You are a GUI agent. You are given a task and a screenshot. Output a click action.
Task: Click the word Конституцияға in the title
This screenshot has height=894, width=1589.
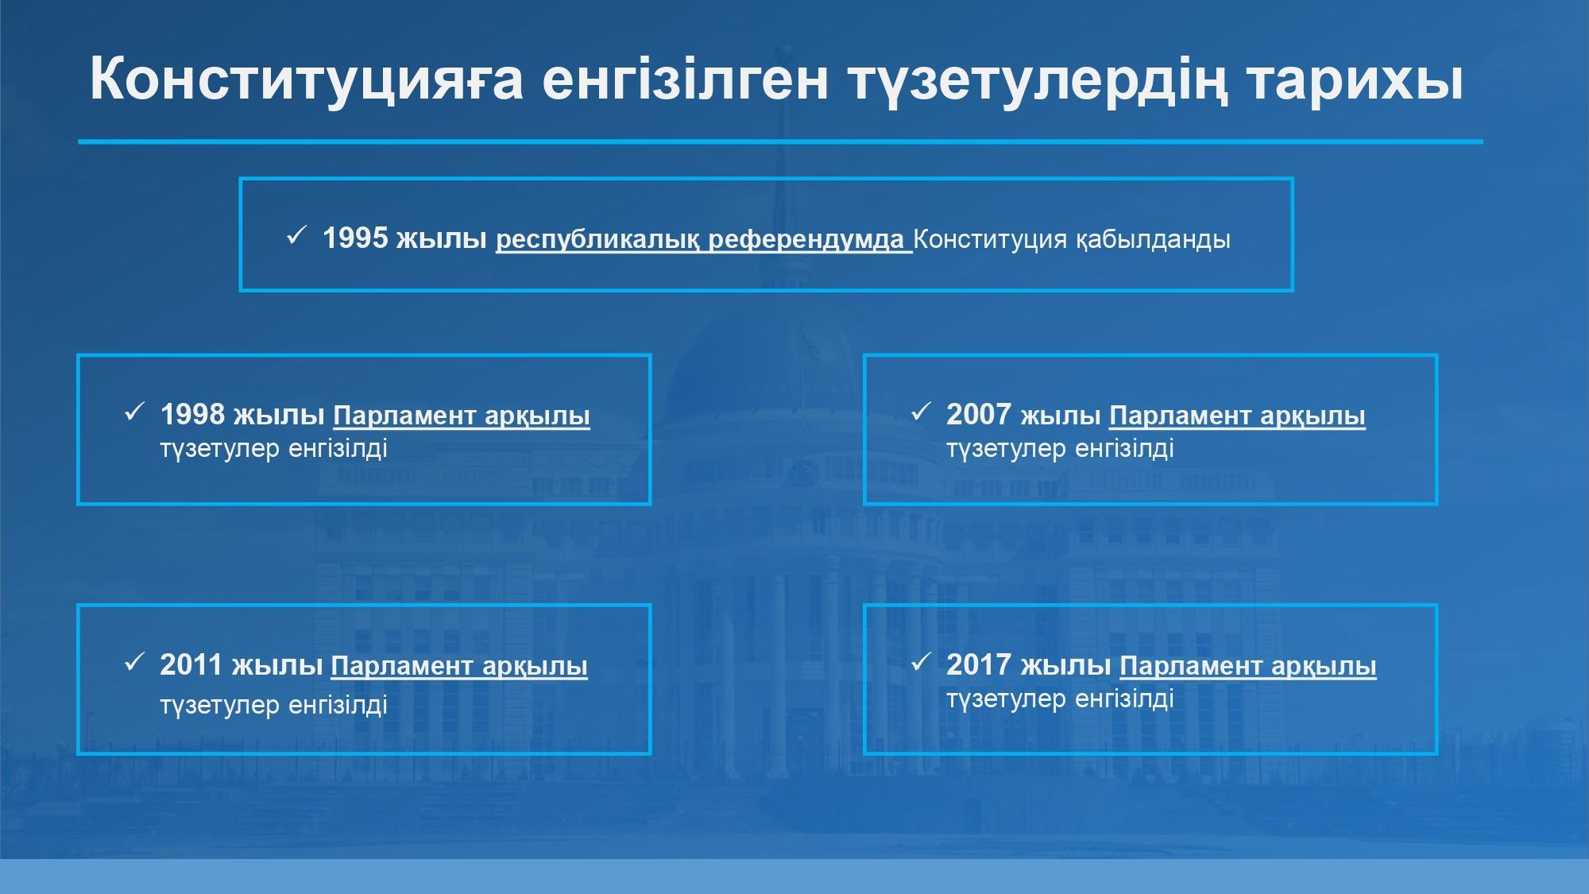click(307, 80)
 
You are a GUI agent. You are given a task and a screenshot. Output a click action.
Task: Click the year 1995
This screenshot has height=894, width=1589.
click(355, 238)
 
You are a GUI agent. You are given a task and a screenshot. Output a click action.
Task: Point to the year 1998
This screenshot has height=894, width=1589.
click(193, 414)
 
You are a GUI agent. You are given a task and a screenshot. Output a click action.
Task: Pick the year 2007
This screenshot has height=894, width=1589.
click(979, 414)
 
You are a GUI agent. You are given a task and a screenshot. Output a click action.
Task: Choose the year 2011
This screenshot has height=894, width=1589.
click(191, 664)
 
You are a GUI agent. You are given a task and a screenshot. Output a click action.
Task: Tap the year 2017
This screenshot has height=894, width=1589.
click(979, 664)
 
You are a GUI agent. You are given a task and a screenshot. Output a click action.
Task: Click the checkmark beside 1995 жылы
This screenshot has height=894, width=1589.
click(296, 235)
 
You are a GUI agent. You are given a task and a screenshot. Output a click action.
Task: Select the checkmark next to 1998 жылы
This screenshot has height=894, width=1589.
click(134, 412)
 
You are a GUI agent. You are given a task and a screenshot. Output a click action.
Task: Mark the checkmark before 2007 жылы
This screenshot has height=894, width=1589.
click(920, 412)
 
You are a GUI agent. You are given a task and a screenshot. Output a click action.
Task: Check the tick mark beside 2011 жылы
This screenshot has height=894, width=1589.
click(134, 662)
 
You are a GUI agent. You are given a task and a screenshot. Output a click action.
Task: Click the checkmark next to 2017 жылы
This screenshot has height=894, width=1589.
click(920, 662)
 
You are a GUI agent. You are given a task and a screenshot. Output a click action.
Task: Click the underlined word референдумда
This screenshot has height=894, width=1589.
click(806, 240)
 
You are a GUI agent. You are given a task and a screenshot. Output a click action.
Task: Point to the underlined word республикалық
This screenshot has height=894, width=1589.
click(597, 240)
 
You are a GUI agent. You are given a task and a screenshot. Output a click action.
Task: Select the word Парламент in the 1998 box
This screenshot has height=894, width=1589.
click(404, 416)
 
